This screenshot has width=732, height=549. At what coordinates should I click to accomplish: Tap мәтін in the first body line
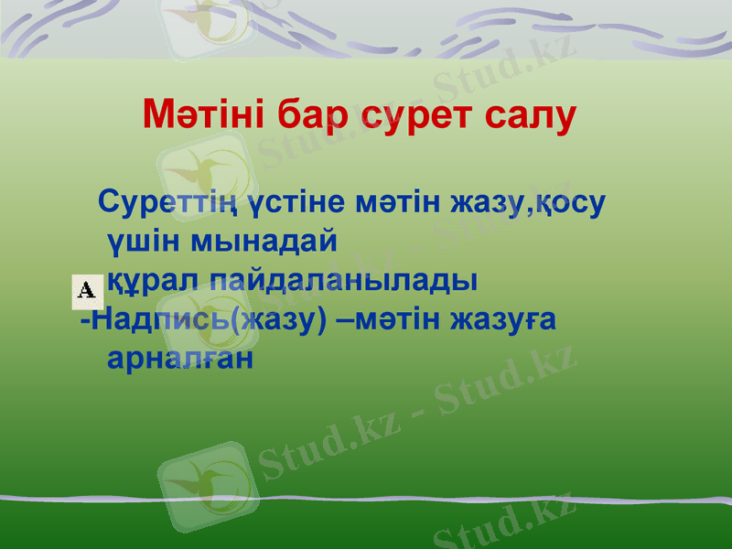398,202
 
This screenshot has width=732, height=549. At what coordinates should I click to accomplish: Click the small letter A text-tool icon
87,290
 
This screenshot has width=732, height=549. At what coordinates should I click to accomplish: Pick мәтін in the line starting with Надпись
398,319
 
